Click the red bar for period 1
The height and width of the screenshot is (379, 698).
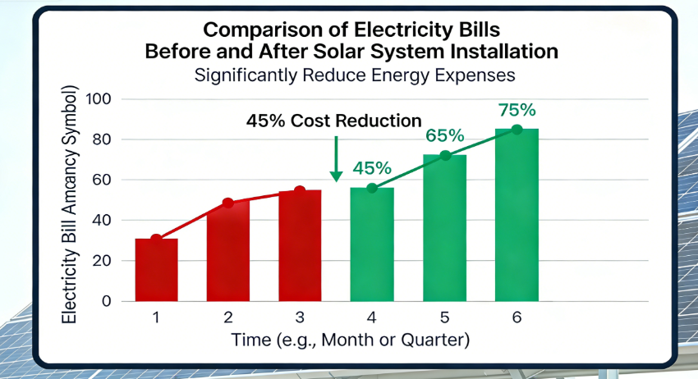tap(156, 270)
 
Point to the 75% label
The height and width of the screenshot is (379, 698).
tap(517, 109)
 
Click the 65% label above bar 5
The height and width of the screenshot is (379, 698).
tap(444, 135)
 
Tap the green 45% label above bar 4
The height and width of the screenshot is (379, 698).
tap(372, 168)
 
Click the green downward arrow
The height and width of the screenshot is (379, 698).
tap(335, 160)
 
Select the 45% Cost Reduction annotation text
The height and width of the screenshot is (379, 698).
tap(333, 121)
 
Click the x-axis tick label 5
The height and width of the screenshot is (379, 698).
tap(444, 317)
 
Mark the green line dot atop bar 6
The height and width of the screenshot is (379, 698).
tap(517, 130)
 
